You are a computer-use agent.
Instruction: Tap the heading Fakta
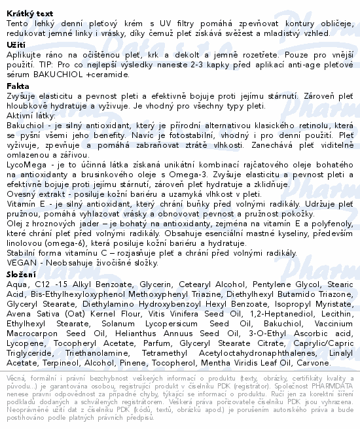click(18, 86)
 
